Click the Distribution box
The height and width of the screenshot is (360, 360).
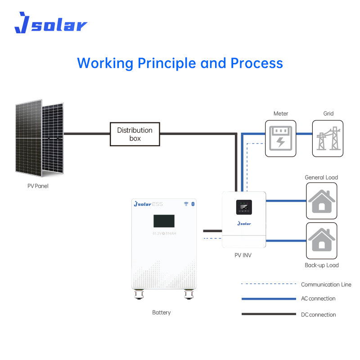coord(135,134)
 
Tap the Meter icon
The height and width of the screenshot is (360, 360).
coord(281,138)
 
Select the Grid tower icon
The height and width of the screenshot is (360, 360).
coord(328,138)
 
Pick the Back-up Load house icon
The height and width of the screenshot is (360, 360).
coord(321,239)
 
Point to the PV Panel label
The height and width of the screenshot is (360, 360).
coord(38,186)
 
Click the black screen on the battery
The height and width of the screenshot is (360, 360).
coord(164,221)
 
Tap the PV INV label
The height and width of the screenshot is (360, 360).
coord(243,255)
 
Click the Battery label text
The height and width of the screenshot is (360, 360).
coord(162,312)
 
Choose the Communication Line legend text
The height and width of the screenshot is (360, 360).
coord(326,284)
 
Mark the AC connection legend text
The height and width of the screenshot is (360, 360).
coord(318,298)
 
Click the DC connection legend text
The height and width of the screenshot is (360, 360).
coord(318,315)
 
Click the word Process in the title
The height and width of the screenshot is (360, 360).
coord(256,63)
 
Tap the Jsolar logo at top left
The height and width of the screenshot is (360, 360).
coord(50,23)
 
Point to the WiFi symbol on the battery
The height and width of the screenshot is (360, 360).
coord(186,204)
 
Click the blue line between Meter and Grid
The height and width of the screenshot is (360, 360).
coord(304,134)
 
